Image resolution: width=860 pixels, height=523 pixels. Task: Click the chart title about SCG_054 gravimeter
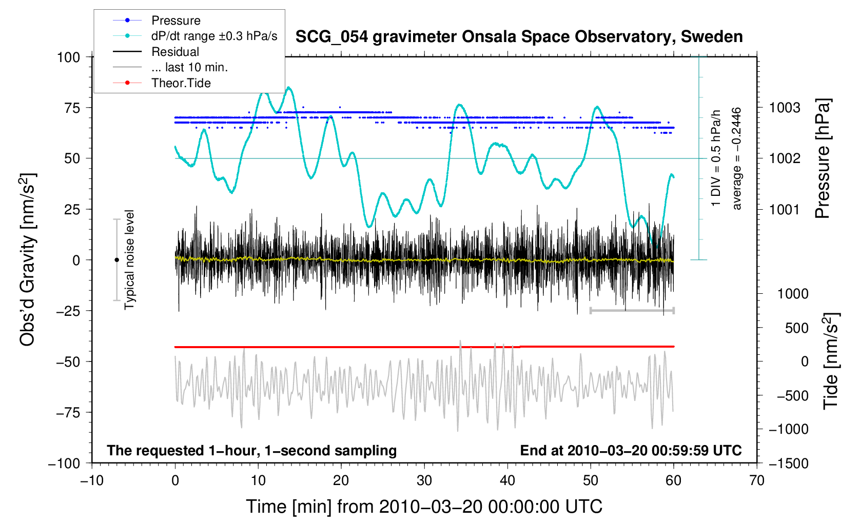[519, 37]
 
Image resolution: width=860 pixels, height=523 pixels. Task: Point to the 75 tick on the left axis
[69, 108]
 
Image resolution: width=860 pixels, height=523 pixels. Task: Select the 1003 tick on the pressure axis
[785, 108]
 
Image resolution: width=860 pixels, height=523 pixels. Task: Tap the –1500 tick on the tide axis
[788, 463]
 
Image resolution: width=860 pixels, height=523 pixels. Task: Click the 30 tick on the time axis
[424, 480]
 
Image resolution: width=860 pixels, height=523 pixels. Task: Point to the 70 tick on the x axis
[756, 480]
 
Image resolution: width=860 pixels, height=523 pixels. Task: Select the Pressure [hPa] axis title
[823, 159]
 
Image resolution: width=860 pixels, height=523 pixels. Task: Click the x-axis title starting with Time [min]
[424, 507]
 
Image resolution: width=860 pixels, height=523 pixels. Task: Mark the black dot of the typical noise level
[116, 260]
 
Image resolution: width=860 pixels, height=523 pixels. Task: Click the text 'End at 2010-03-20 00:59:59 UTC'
[631, 451]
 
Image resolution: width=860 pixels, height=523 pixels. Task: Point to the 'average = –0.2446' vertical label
[737, 159]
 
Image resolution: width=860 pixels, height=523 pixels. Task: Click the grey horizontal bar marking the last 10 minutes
[632, 310]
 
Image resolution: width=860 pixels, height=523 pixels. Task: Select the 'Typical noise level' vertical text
[129, 260]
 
